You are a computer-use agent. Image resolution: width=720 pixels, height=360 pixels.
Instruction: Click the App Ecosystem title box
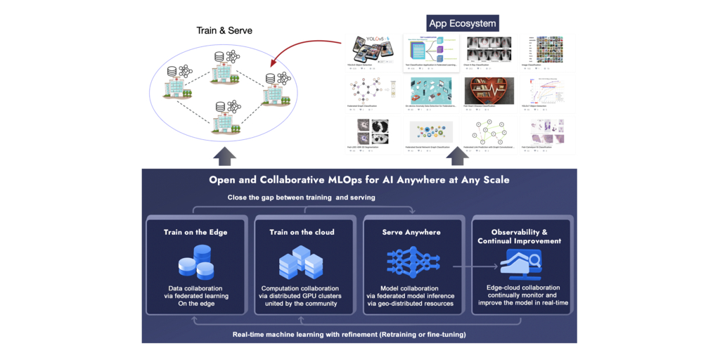tap(463, 24)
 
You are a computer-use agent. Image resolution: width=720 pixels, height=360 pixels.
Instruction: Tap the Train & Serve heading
tap(224, 31)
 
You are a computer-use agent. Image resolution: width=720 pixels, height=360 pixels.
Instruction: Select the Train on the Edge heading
tap(195, 232)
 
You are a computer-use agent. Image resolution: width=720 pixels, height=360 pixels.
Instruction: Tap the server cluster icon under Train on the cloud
tap(301, 262)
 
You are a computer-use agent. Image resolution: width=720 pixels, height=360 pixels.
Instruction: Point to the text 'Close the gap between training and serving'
tap(301, 198)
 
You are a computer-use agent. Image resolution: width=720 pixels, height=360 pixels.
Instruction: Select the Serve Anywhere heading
tap(412, 232)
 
